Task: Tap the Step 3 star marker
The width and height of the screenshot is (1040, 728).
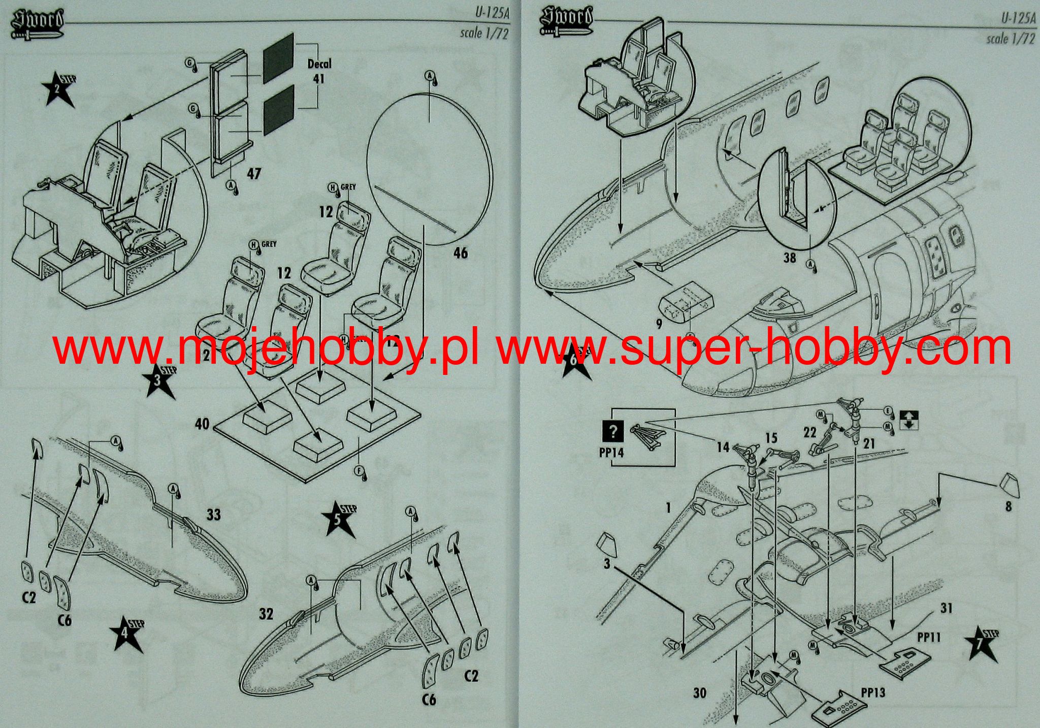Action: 159,381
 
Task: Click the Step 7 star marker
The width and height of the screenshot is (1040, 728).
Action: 983,644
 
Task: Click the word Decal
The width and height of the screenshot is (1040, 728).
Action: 319,64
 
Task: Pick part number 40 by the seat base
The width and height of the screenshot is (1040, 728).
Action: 202,423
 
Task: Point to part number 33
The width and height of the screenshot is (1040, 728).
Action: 214,515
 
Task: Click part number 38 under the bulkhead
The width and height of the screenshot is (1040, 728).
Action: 790,258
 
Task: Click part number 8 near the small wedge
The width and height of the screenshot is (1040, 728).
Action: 1008,506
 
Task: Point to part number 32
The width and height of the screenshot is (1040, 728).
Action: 266,614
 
